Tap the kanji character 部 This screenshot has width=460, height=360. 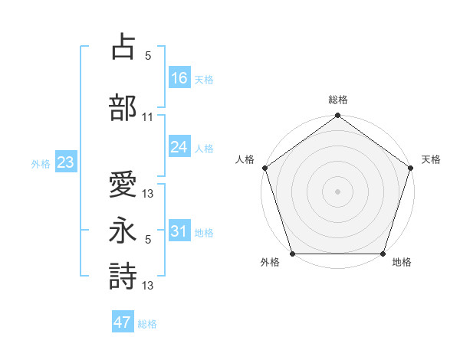coord(123,106)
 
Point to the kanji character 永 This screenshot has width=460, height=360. coord(123,229)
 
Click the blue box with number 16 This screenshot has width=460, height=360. coord(179,78)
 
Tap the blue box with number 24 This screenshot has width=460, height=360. coord(179,147)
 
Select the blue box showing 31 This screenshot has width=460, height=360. coord(179,231)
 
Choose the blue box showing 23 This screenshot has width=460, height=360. coord(65,162)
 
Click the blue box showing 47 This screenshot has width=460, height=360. coord(123,322)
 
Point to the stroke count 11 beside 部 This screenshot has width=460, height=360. coord(148,117)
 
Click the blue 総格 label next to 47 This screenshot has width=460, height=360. coord(147,324)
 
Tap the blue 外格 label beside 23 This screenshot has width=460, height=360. coord(41,163)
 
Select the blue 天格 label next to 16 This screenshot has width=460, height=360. coord(204,80)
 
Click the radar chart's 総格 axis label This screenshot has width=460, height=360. coord(337,100)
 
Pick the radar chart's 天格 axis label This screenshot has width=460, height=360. coord(432,159)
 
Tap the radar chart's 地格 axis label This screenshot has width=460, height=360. coord(402,263)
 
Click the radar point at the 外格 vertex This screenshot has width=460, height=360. coord(292,254)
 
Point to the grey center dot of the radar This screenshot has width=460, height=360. coord(337,191)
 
